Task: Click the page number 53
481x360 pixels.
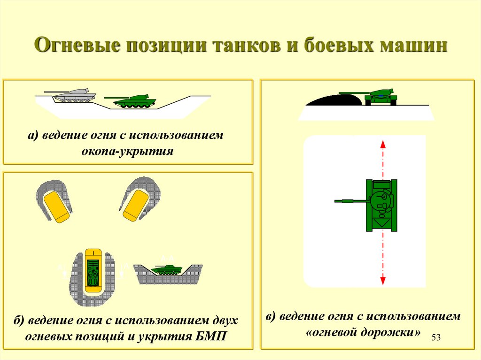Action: point(436,338)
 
